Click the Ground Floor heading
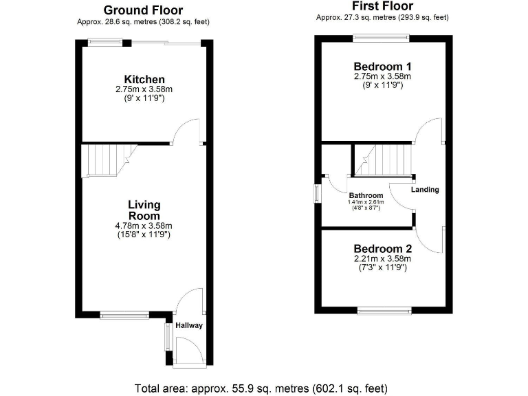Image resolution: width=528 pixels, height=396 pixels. [143, 10]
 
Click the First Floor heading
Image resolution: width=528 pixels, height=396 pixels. [383, 6]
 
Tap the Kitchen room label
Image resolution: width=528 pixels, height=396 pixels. [144, 80]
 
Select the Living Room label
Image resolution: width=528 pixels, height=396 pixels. [144, 210]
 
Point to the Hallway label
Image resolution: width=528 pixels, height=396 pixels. [189, 325]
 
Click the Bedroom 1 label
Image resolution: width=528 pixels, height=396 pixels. [382, 66]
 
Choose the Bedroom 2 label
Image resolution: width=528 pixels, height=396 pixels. [382, 248]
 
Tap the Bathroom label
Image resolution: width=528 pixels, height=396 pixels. [366, 195]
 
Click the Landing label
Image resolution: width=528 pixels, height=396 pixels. [425, 189]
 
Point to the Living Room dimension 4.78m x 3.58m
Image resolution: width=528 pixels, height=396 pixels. [144, 225]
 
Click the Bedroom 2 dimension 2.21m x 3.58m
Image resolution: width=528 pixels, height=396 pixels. [382, 258]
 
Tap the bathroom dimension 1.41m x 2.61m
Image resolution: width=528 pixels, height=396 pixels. [366, 202]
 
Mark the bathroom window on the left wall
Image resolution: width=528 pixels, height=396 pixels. [317, 192]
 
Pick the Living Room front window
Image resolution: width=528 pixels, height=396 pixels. [124, 316]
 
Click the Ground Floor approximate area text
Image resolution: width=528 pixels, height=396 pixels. [143, 21]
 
